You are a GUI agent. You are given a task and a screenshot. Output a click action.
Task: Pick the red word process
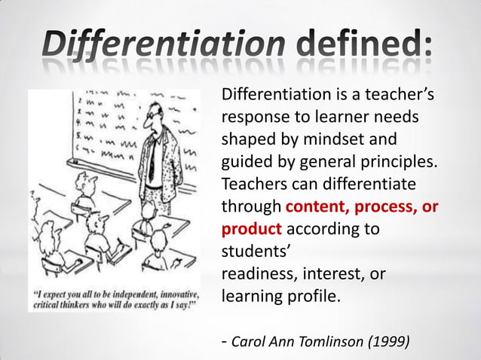click(393, 206)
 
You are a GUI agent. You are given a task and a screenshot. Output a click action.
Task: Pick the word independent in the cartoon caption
click(136, 292)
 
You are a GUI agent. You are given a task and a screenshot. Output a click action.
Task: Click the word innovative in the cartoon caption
click(181, 292)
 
